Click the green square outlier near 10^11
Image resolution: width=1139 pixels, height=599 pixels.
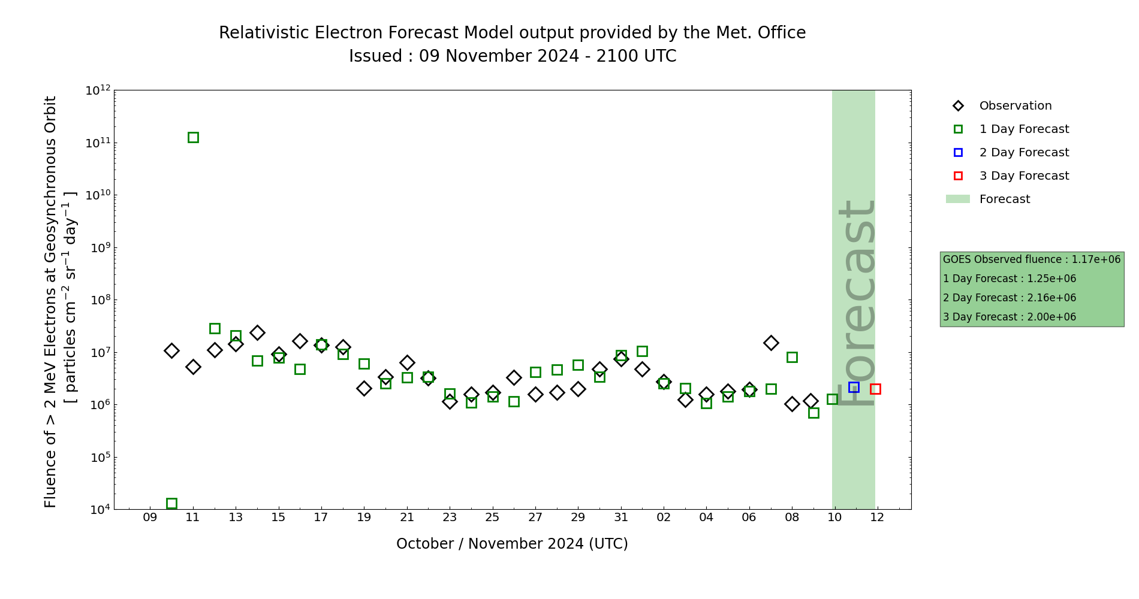193,138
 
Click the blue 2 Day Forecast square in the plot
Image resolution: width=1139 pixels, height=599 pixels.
854,388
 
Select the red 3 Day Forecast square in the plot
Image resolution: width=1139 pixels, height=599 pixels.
875,389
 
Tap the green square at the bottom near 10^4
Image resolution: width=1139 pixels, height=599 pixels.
171,503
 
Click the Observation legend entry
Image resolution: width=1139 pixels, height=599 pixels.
1015,106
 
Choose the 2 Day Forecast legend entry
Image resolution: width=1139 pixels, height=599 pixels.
1023,153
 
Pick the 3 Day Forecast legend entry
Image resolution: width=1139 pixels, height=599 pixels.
1023,176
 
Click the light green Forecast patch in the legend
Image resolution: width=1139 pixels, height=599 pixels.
958,199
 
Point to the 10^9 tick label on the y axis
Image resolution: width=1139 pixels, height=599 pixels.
98,247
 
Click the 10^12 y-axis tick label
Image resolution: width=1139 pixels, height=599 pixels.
98,90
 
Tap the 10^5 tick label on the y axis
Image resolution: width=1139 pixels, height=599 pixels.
98,457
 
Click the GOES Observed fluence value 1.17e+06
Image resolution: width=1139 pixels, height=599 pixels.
1096,260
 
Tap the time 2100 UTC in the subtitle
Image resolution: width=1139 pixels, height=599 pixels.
636,56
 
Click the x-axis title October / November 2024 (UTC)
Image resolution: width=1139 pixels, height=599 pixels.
512,544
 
